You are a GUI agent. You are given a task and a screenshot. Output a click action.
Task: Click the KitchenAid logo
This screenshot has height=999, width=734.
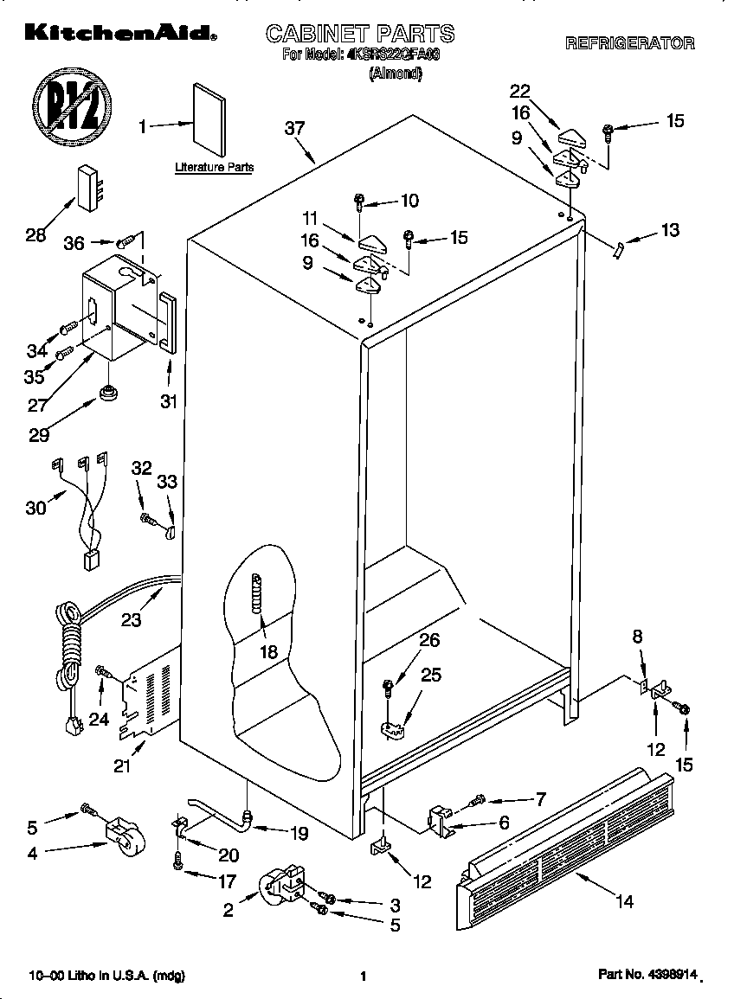point(118,33)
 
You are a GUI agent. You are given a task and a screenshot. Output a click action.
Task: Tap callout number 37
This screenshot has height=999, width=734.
point(295,128)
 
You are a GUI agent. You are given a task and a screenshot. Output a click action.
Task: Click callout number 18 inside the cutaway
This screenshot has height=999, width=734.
point(269,651)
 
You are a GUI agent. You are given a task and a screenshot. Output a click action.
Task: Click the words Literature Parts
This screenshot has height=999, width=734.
point(214,168)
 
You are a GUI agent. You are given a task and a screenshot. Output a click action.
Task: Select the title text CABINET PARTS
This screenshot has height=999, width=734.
point(359,35)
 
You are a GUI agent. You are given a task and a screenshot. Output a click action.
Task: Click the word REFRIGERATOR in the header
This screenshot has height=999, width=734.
point(629,43)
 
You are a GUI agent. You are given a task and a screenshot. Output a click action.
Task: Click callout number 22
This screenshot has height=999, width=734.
point(519,93)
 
